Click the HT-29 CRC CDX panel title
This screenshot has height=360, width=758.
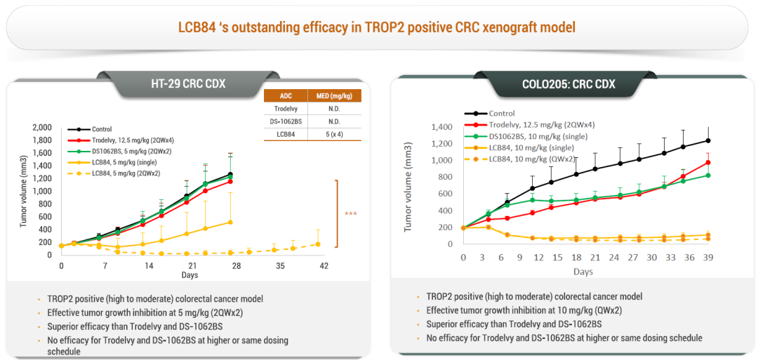click(188, 84)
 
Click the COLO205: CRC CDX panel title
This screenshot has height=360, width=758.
click(568, 84)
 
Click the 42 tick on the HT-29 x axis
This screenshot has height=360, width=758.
click(324, 267)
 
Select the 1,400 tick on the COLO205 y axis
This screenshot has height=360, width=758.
click(441, 127)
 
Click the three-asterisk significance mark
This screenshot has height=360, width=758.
click(350, 214)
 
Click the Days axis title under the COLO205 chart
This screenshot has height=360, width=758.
click(583, 272)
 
